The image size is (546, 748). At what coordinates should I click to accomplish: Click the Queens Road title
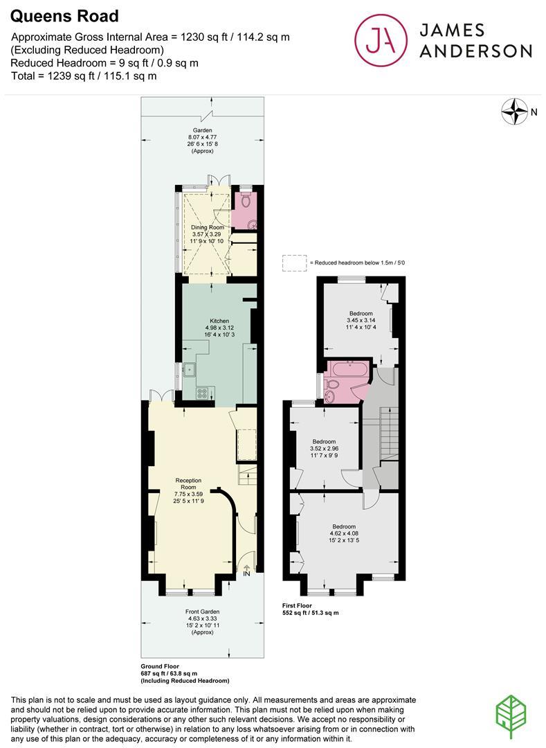(64, 16)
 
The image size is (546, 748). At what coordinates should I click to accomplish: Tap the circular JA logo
(381, 40)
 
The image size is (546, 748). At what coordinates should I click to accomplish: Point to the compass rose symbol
(515, 112)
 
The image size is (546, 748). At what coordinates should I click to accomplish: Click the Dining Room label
(207, 228)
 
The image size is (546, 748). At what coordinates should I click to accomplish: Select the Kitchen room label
(219, 321)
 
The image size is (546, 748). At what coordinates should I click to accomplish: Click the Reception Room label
(189, 483)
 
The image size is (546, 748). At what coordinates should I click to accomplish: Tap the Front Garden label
(203, 612)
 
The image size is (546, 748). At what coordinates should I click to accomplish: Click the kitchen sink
(190, 370)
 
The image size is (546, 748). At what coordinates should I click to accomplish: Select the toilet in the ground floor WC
(246, 201)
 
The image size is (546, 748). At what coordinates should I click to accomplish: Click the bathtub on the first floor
(349, 368)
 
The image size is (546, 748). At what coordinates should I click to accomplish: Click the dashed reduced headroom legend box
(294, 263)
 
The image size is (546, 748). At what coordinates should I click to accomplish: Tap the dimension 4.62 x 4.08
(344, 533)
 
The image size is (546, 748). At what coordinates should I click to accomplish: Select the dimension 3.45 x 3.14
(361, 320)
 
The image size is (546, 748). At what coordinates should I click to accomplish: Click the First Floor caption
(298, 605)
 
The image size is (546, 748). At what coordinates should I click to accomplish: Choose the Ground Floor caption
(160, 666)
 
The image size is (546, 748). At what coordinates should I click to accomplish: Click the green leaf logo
(511, 717)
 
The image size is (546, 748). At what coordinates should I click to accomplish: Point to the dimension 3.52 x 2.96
(324, 448)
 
